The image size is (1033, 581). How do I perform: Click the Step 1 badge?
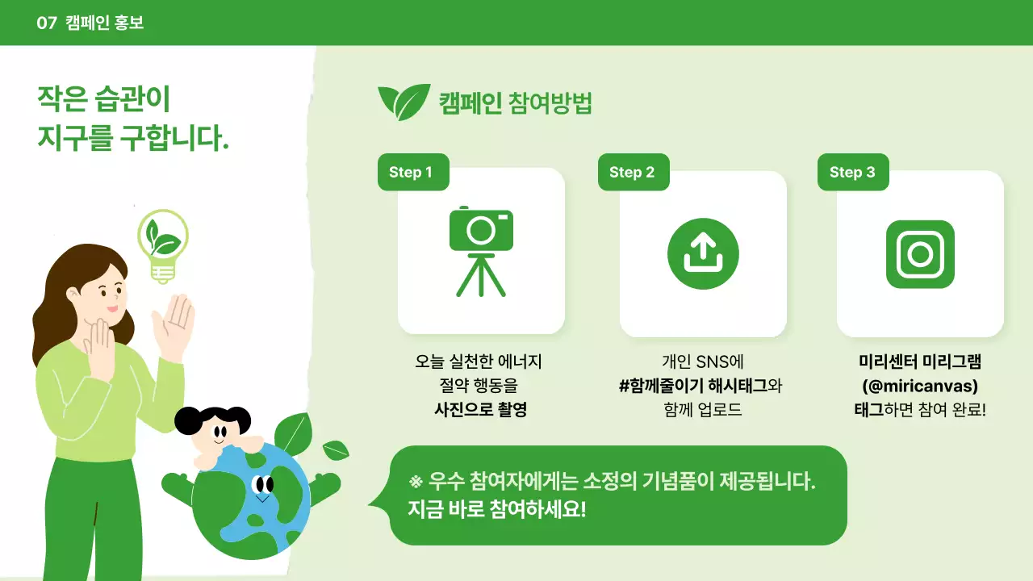(x=411, y=172)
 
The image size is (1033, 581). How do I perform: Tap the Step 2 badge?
(x=632, y=172)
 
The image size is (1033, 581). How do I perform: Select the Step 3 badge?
(x=852, y=172)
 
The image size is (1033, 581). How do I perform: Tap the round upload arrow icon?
(x=703, y=253)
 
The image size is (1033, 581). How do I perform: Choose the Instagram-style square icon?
(x=920, y=254)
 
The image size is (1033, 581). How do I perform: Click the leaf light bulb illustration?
(x=163, y=245)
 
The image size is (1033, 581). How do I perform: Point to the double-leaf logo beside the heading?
(x=404, y=102)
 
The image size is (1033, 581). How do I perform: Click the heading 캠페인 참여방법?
(x=515, y=103)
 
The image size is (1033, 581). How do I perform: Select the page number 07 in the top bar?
(x=47, y=23)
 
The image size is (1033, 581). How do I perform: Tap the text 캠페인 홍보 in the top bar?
(x=104, y=23)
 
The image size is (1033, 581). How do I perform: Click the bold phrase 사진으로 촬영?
(x=480, y=409)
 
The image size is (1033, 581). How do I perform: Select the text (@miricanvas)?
(x=920, y=386)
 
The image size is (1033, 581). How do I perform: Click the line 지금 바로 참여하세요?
(x=497, y=510)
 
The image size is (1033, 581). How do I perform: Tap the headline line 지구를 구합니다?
(x=133, y=138)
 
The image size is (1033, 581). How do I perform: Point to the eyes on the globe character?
(x=263, y=485)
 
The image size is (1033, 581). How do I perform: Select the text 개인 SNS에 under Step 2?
(x=702, y=362)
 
